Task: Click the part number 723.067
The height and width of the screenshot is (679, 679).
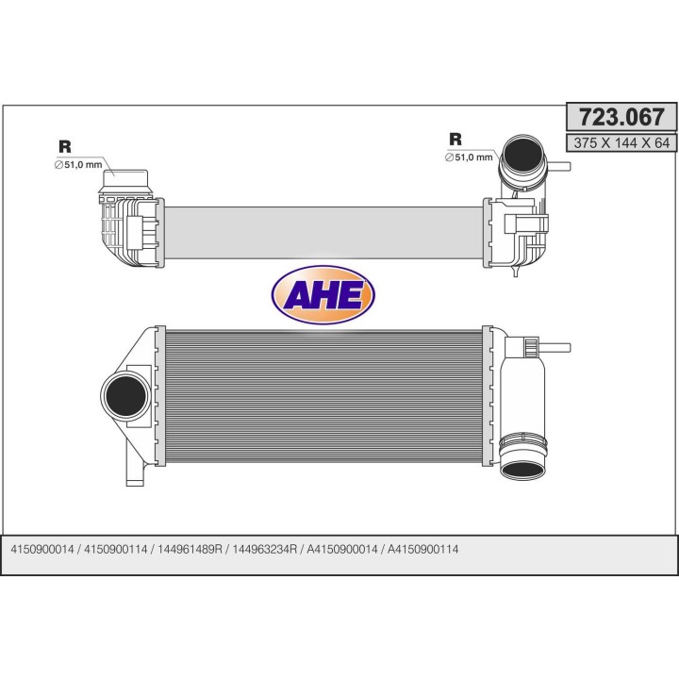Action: point(621,117)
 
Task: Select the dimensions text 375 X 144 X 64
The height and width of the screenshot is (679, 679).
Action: point(621,142)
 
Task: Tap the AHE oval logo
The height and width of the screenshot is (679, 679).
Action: point(323,295)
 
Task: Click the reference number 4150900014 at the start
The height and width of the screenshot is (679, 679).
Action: point(42,550)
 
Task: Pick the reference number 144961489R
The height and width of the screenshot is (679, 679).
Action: point(190,550)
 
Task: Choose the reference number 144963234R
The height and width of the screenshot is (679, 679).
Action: point(265,550)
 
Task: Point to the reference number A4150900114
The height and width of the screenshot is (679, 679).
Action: point(422,550)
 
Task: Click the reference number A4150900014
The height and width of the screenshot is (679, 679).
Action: point(342,550)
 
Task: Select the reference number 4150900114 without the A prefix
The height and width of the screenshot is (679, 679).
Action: point(116,550)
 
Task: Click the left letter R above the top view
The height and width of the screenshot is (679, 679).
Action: point(65,147)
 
